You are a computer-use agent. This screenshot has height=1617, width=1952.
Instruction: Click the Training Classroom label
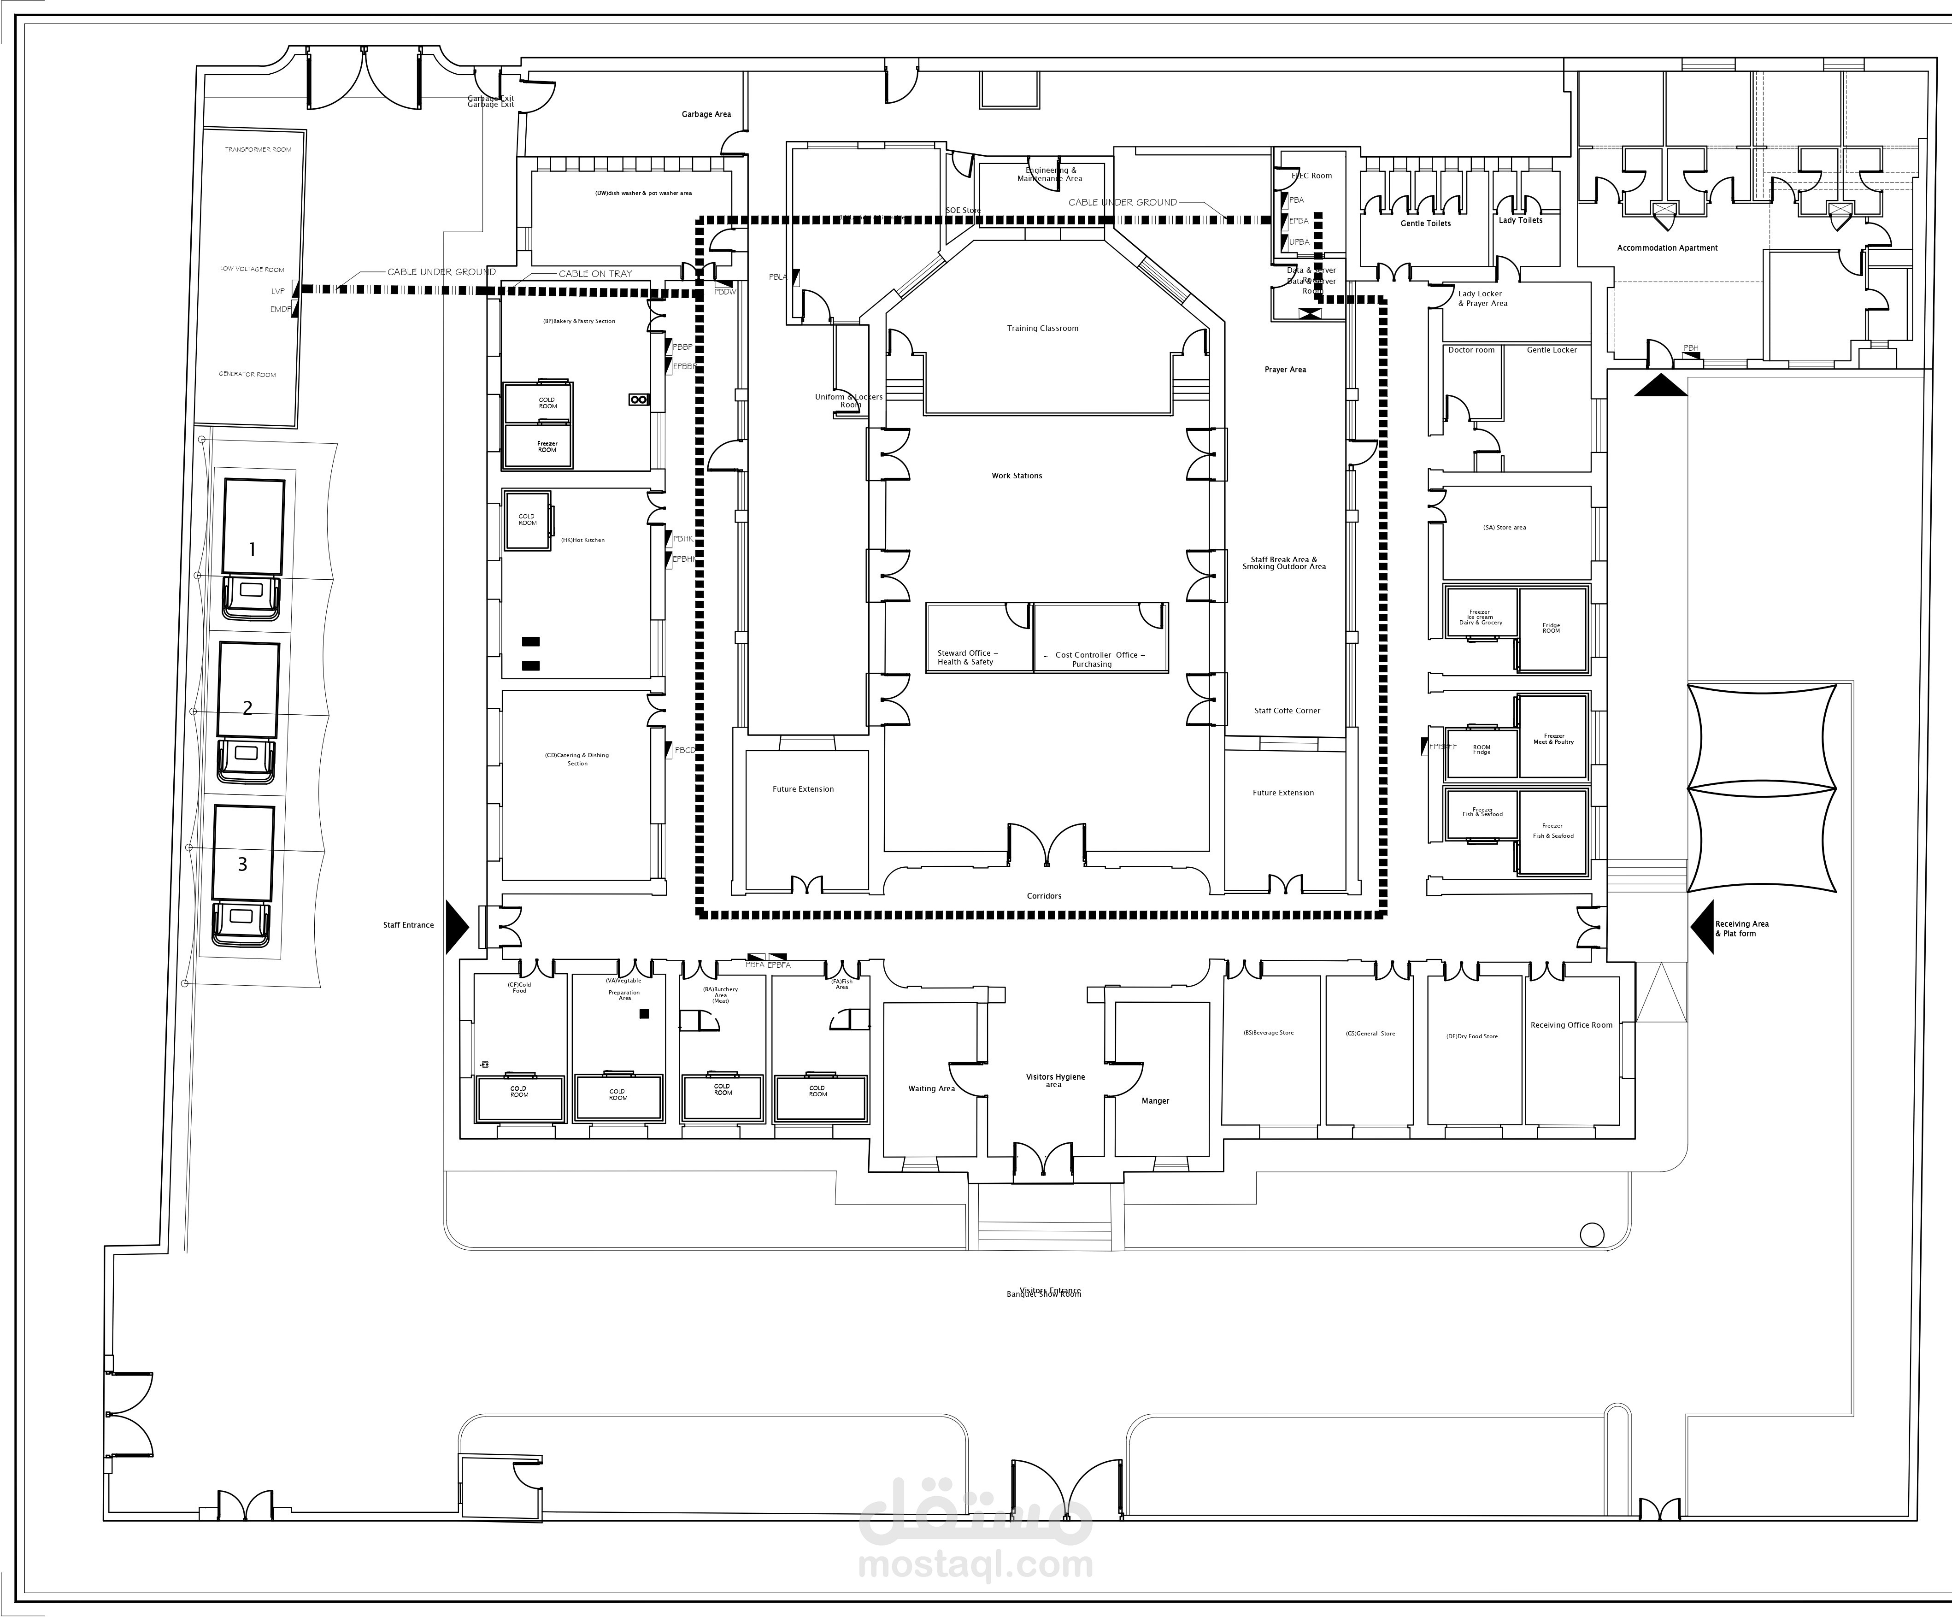click(1042, 328)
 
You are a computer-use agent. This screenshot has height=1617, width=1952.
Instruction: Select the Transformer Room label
click(258, 150)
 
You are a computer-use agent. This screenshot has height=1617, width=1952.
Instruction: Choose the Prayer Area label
click(1285, 370)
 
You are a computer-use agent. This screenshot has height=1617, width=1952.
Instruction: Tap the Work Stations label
click(1016, 476)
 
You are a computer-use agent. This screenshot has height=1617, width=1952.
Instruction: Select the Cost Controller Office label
click(1099, 659)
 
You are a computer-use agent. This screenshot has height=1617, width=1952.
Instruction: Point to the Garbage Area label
click(706, 114)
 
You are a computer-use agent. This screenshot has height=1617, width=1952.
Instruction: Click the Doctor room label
click(1470, 350)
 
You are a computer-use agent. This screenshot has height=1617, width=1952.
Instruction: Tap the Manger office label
click(1154, 1101)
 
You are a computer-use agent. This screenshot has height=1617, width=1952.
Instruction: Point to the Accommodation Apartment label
click(1667, 248)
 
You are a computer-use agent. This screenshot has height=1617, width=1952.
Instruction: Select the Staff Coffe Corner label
click(1287, 711)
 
